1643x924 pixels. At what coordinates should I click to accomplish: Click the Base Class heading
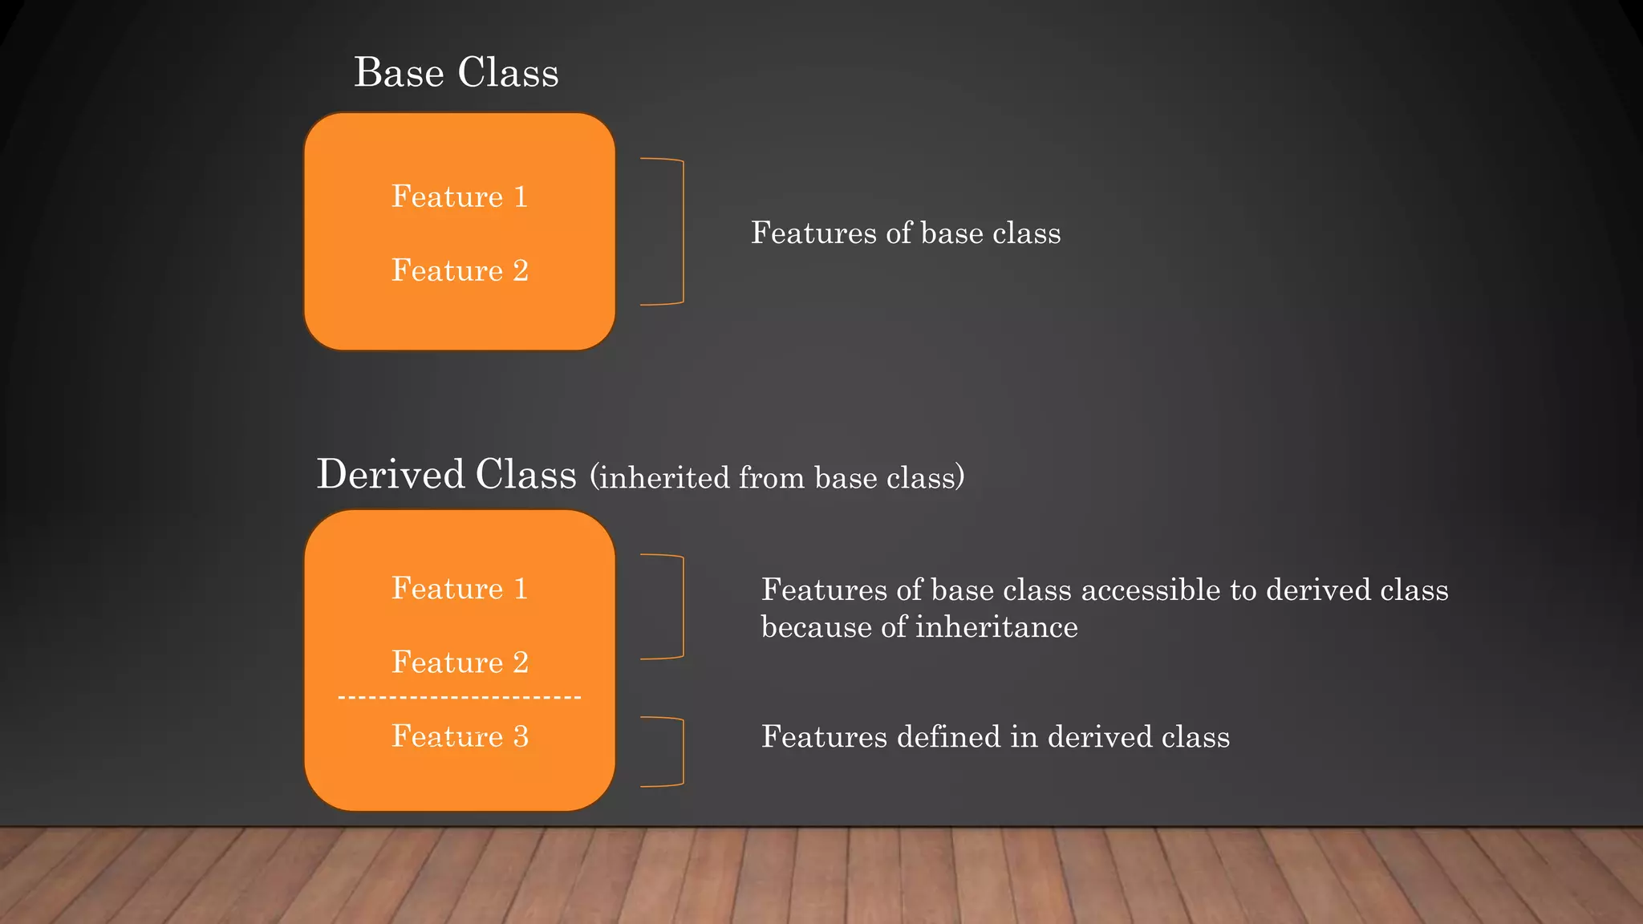pyautogui.click(x=456, y=73)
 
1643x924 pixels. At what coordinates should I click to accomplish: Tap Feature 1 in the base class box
pyautogui.click(x=460, y=197)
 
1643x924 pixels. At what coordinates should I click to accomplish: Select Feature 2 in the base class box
pyautogui.click(x=460, y=270)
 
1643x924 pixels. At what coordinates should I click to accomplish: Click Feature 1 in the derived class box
pyautogui.click(x=460, y=589)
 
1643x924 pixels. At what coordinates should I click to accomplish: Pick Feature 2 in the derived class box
pyautogui.click(x=460, y=663)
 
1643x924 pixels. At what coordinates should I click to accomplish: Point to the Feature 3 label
pyautogui.click(x=460, y=736)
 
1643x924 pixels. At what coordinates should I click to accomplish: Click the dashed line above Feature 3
pyautogui.click(x=460, y=698)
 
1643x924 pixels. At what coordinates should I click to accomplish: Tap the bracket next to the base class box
pyautogui.click(x=682, y=232)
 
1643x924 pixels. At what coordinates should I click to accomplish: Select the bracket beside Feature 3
pyautogui.click(x=682, y=752)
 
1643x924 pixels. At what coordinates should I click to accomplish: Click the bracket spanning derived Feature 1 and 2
pyautogui.click(x=682, y=606)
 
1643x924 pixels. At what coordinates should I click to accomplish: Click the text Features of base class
pyautogui.click(x=905, y=233)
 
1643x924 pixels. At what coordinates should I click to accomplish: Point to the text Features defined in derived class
pyautogui.click(x=995, y=737)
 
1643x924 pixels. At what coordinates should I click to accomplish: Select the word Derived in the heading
pyautogui.click(x=391, y=474)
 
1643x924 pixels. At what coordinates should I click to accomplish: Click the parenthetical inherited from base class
pyautogui.click(x=777, y=478)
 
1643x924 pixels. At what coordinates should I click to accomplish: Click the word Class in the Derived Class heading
pyautogui.click(x=525, y=474)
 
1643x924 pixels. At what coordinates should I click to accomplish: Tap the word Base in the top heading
pyautogui.click(x=399, y=73)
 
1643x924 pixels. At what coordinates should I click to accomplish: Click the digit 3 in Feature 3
pyautogui.click(x=521, y=736)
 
